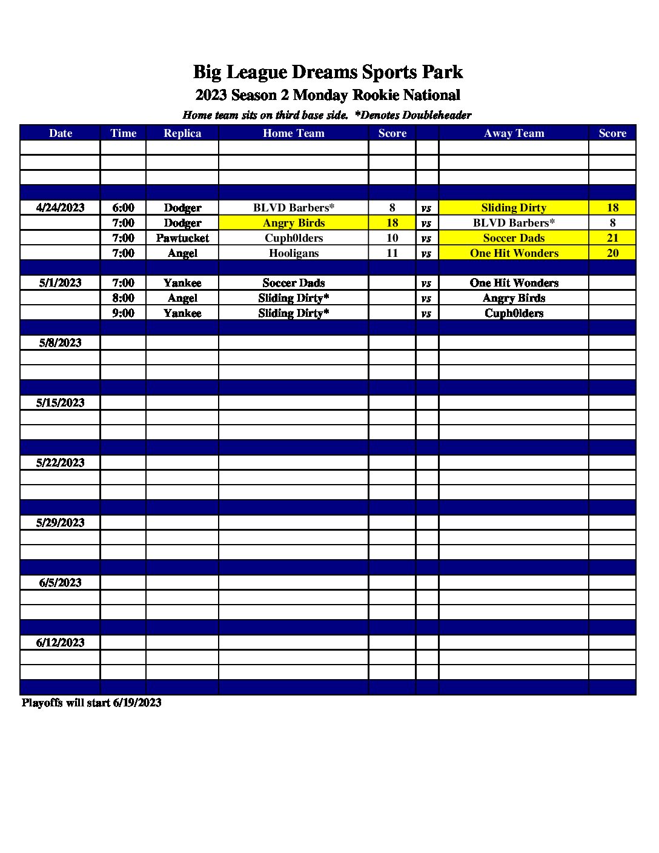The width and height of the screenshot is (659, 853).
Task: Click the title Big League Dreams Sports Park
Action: pos(328,72)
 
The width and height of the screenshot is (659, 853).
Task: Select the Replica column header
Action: pos(182,133)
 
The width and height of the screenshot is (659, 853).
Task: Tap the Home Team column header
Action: pos(293,133)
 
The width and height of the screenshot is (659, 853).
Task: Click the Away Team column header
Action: pos(514,133)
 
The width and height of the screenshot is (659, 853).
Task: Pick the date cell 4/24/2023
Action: pos(60,208)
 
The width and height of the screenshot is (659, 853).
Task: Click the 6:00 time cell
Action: pos(123,208)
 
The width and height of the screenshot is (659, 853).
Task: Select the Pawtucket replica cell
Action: pos(182,238)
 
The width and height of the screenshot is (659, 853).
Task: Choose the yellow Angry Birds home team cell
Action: pos(293,223)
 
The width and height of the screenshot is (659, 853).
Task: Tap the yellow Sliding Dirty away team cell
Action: pos(514,208)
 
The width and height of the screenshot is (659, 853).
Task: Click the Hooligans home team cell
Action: pos(293,253)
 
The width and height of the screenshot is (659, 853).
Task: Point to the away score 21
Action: pos(612,238)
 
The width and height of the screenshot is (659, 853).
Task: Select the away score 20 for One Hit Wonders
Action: pos(612,253)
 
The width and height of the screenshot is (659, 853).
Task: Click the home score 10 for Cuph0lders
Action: pos(392,238)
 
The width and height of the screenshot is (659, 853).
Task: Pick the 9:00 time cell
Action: pos(123,313)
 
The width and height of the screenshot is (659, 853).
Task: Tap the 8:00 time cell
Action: pos(123,298)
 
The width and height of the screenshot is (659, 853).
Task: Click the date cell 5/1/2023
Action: pos(60,283)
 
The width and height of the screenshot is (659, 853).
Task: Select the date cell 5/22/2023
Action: pos(60,463)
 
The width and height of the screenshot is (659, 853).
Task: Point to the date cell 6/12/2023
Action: pos(60,643)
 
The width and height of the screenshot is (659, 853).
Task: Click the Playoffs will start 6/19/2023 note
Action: pos(91,703)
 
